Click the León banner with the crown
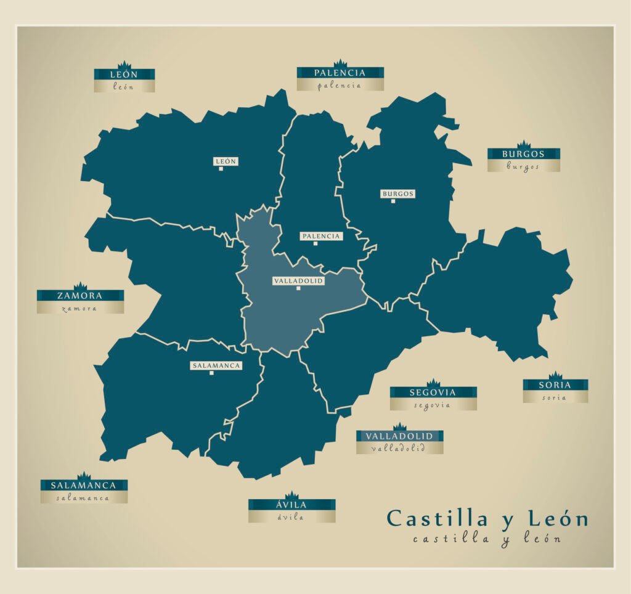pos(124,74)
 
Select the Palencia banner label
pos(340,73)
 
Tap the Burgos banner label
pos(523,153)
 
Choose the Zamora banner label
pos(80,296)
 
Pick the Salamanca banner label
pos(84,485)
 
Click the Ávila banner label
pos(291,505)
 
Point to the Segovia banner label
pos(433,393)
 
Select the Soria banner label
pos(555,385)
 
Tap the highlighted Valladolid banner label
pos(399,436)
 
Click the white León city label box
pos(226,161)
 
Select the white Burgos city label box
pos(397,193)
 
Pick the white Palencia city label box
pos(320,236)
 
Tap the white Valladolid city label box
pos(298,280)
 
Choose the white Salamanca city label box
pos(216,365)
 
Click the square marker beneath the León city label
pos(221,169)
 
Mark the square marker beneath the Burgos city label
pos(393,201)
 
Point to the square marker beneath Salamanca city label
pos(211,373)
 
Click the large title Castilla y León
pos(487,519)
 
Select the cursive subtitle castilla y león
pos(487,539)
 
